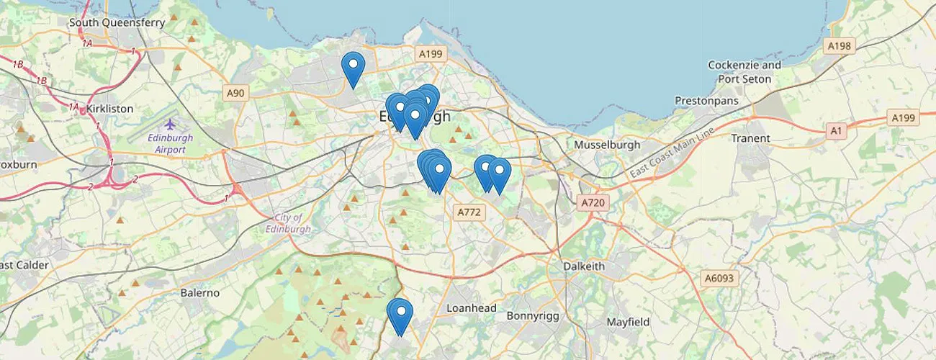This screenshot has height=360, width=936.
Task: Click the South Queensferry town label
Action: [x=117, y=22]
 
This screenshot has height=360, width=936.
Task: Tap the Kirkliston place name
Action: [x=109, y=109]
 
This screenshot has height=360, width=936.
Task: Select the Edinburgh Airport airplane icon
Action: [x=169, y=125]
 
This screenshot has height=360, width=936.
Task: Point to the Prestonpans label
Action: [x=706, y=101]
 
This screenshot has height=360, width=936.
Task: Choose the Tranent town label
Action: [x=750, y=138]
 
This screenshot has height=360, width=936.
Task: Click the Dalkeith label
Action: [x=584, y=266]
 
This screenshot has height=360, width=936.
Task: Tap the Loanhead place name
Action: [x=472, y=308]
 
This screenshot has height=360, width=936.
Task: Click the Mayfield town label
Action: [x=628, y=322]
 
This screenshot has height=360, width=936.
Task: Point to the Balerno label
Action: [x=199, y=293]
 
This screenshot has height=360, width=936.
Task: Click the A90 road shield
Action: [x=235, y=93]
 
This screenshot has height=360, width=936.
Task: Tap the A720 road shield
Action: [x=593, y=203]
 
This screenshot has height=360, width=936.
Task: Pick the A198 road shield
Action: [x=839, y=46]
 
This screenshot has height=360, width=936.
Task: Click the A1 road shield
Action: [x=836, y=130]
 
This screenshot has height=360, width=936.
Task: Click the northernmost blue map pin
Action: [x=353, y=68]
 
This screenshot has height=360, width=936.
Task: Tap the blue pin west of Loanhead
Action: [x=400, y=315]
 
